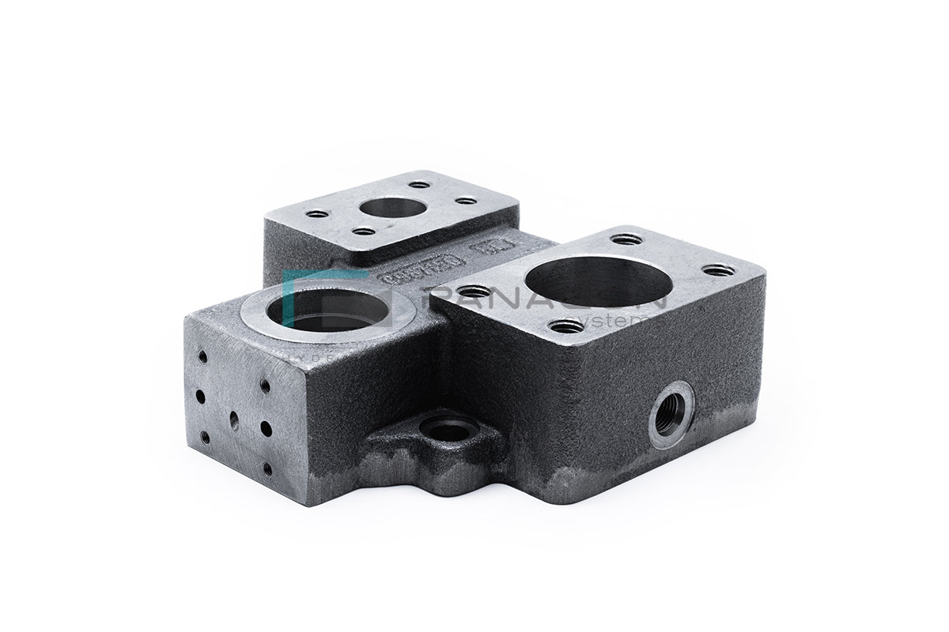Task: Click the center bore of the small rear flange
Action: click(x=392, y=208)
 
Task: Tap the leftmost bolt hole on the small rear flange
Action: click(x=317, y=213)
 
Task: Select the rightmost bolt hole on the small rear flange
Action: click(x=466, y=200)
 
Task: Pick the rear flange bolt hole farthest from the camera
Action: click(x=418, y=185)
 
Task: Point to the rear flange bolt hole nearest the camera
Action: click(x=363, y=231)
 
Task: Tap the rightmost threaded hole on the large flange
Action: click(x=718, y=270)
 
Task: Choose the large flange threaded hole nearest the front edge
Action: click(x=566, y=325)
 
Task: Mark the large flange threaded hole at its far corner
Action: click(x=626, y=239)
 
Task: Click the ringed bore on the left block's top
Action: click(x=328, y=308)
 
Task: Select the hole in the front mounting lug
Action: click(x=448, y=431)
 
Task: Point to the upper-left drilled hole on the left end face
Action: click(x=202, y=357)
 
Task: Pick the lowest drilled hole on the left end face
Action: click(x=267, y=468)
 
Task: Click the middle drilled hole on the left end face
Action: click(x=234, y=420)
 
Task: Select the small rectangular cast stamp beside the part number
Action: click(x=484, y=254)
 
